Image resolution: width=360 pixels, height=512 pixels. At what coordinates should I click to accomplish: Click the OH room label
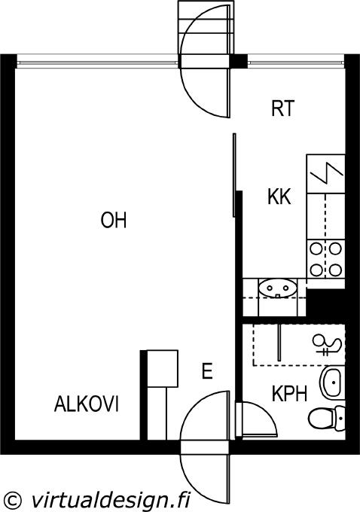[114, 220]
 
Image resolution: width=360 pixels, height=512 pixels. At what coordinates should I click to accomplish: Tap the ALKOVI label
[87, 404]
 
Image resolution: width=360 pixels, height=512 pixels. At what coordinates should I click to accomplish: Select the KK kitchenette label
[279, 197]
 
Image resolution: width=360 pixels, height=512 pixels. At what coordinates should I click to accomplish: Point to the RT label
[283, 108]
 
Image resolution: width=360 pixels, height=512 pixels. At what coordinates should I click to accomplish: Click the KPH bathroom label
[289, 394]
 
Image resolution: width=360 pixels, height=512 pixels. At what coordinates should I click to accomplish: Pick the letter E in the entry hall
[207, 371]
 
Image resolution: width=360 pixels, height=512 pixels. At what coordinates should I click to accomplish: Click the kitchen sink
[278, 288]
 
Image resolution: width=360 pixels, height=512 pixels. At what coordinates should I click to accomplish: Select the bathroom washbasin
[331, 382]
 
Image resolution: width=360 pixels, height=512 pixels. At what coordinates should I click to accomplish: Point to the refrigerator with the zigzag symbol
[325, 173]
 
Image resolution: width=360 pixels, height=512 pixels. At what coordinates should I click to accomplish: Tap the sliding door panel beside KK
[234, 175]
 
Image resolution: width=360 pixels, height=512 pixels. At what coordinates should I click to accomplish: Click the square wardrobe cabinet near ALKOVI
[163, 369]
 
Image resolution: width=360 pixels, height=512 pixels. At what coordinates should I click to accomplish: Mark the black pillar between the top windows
[239, 61]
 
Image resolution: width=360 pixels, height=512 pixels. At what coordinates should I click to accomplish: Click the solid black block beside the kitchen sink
[325, 303]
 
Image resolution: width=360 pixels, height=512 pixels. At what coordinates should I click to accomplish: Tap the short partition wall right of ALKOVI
[143, 395]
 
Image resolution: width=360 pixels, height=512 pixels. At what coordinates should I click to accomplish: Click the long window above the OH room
[98, 62]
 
